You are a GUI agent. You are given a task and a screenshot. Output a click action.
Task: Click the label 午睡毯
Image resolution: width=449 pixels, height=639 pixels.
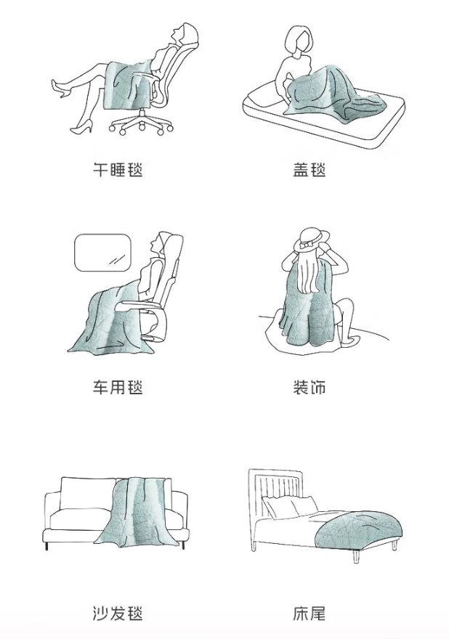click(118, 169)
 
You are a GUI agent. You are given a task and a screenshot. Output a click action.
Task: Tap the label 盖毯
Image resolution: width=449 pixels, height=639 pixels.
click(310, 169)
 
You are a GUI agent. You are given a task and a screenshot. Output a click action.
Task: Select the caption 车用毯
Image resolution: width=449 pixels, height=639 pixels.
click(118, 387)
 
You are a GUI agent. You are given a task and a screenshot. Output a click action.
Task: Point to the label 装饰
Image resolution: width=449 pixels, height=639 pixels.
click(310, 387)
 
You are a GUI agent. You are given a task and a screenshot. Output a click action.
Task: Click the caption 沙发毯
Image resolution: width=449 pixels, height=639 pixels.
click(118, 613)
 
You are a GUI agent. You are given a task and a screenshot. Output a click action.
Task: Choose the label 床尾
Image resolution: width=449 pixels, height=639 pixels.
click(310, 613)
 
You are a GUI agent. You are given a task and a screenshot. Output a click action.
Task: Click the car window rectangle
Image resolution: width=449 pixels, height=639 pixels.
click(102, 253)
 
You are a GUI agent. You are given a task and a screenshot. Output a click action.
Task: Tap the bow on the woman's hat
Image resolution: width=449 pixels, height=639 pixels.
click(307, 245)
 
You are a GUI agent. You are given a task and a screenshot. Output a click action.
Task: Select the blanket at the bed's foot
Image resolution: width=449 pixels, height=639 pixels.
click(359, 529)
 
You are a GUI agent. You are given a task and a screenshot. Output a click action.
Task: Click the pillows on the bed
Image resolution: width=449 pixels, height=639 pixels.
click(290, 507)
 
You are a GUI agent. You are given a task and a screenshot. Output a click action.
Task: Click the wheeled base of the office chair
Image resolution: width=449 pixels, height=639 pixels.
click(142, 123)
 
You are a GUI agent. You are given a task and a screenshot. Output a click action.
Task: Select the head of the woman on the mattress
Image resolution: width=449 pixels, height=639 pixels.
click(300, 41)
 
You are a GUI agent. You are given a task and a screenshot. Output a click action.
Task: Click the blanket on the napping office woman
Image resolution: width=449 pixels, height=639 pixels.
click(128, 84)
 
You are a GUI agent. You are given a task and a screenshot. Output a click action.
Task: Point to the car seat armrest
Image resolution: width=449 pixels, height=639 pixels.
click(139, 304)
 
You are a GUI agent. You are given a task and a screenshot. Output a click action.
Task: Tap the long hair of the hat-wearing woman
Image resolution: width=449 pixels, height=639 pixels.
click(308, 272)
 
